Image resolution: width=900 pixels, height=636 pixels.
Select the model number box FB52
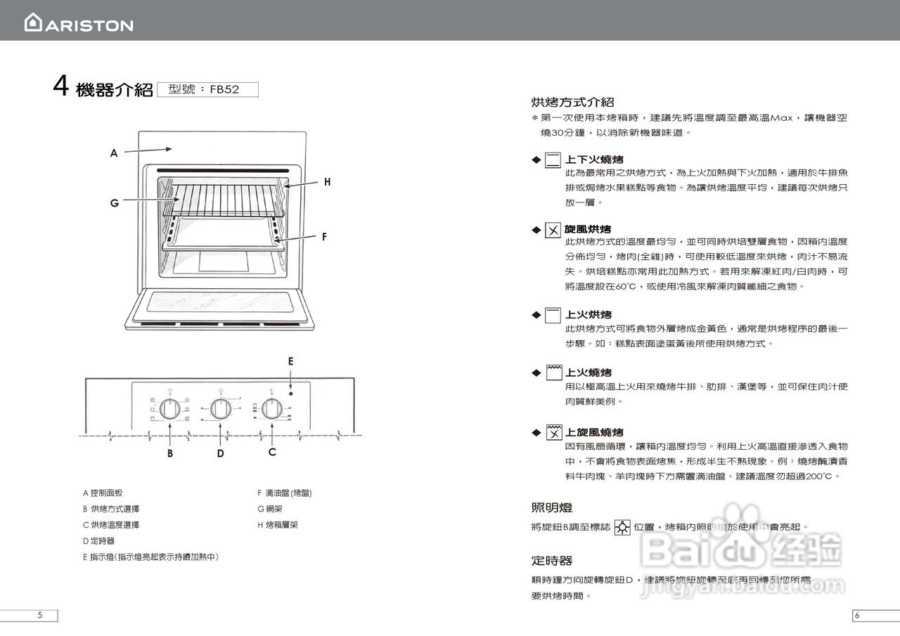click(208, 89)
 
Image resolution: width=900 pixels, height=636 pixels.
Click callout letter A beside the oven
click(113, 152)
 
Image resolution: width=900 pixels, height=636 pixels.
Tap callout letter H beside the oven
click(327, 182)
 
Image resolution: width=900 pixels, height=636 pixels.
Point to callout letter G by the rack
click(114, 203)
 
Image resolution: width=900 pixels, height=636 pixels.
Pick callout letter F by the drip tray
click(324, 237)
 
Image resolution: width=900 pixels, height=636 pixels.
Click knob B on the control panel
click(169, 408)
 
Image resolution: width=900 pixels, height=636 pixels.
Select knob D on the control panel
click(221, 408)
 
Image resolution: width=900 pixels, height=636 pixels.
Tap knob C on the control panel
click(272, 408)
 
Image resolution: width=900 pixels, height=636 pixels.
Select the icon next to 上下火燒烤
click(553, 160)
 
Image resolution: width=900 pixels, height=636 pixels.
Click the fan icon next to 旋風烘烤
click(553, 230)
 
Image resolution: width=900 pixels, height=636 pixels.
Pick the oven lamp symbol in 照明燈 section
click(622, 527)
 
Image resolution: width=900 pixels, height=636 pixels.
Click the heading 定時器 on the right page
click(552, 561)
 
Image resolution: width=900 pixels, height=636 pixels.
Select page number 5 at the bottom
click(39, 616)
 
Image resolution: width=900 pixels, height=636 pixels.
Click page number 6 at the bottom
click(857, 616)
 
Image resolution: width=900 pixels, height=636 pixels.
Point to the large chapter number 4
click(60, 86)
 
